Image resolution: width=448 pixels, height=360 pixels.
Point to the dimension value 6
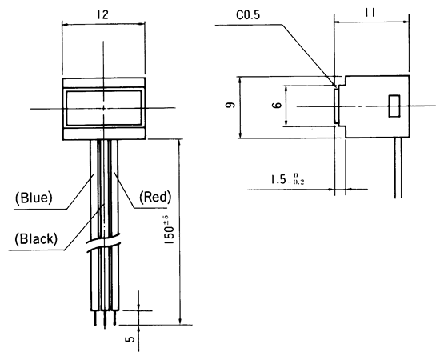click(274, 106)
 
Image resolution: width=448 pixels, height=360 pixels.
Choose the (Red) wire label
click(156, 196)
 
